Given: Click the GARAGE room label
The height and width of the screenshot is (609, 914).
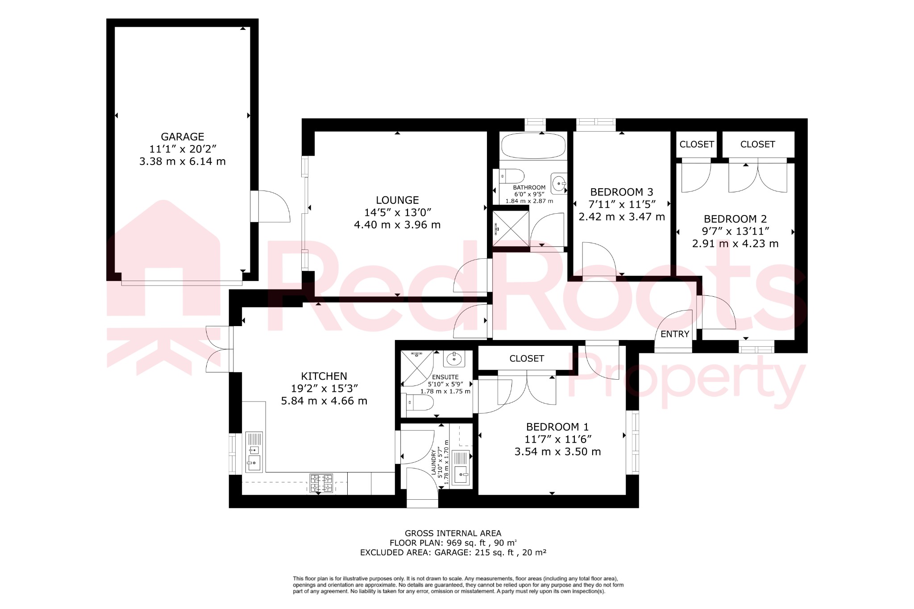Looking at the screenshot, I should tap(183, 137).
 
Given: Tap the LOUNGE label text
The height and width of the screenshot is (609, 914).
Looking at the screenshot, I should tap(397, 200).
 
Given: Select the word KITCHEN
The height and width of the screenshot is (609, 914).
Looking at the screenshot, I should tap(324, 376).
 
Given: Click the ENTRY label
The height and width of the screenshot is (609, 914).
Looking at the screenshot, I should tap(675, 334).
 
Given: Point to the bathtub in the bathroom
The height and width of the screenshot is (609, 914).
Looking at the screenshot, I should tap(533, 145).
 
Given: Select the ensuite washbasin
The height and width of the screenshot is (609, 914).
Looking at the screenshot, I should tap(454, 358).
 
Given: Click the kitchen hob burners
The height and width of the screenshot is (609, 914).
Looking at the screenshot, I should tap(321, 483).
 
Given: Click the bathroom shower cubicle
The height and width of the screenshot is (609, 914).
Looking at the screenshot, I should tap(511, 228).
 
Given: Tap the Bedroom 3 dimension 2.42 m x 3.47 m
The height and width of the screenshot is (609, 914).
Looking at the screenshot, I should tap(622, 217).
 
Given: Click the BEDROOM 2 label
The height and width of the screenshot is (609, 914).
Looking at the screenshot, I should tap(735, 219).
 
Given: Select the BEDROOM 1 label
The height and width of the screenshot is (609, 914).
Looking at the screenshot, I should tap(557, 427).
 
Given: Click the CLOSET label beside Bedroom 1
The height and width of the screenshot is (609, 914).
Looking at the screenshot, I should tap(527, 359).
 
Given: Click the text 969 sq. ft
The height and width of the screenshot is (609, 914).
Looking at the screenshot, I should tap(465, 543).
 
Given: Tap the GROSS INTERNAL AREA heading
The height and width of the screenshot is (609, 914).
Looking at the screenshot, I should tap(453, 533).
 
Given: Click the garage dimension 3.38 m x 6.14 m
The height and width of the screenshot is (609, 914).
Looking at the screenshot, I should tap(183, 162).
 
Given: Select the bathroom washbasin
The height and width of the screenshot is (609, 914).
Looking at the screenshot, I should tap(559, 183).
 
